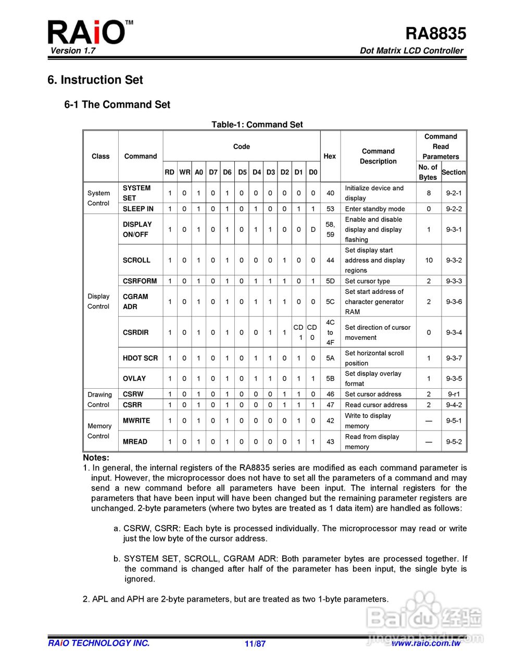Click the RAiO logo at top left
[86, 32]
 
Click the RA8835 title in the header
[436, 34]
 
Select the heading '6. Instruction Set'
[95, 80]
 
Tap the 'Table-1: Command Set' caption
[257, 125]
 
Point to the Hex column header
[330, 156]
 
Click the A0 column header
[199, 172]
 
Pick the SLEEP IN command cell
[138, 208]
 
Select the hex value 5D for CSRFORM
[330, 281]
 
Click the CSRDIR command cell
[135, 332]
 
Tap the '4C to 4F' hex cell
[330, 332]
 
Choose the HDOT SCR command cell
[140, 358]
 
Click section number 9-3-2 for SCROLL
[454, 260]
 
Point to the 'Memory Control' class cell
[99, 431]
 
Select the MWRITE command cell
[136, 421]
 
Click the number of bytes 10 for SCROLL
[429, 260]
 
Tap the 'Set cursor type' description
[367, 281]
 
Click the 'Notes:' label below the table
[96, 458]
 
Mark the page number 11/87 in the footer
[255, 644]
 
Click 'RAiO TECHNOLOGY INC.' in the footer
[99, 643]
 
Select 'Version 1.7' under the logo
[73, 51]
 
